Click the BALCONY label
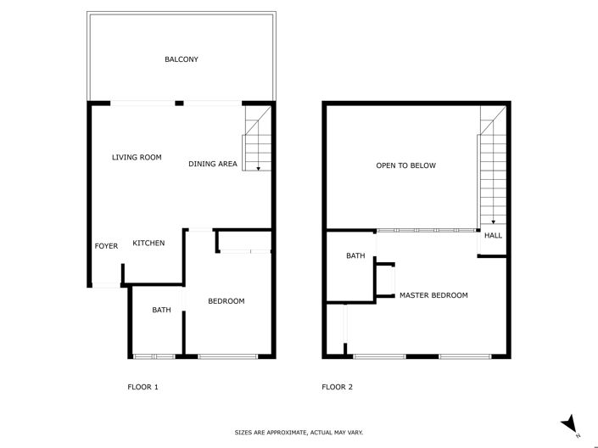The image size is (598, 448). [x=182, y=59]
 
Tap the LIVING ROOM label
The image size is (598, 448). [x=137, y=157]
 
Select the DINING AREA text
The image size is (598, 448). [x=213, y=164]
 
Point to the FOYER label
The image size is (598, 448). [x=106, y=246]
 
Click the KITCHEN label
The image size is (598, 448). [x=148, y=244]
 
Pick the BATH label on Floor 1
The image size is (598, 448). [x=161, y=310]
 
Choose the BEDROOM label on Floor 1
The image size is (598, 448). [x=226, y=301]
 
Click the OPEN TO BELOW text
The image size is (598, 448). [x=405, y=165]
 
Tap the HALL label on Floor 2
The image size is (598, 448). [x=493, y=236]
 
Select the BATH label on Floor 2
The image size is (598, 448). [x=355, y=255]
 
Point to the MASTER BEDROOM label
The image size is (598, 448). [x=433, y=295]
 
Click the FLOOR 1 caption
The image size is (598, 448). [x=143, y=387]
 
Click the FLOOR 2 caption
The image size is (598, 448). [x=337, y=387]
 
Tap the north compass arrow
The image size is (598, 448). [x=571, y=424]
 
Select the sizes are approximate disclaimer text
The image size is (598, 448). [x=299, y=433]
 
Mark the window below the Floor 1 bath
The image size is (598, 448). [x=154, y=356]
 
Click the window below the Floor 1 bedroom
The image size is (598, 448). [x=227, y=356]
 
